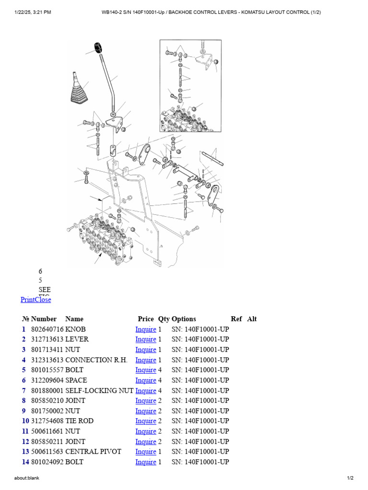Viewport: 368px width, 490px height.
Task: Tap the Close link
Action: tap(43, 300)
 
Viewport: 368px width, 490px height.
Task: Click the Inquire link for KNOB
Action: tap(146, 329)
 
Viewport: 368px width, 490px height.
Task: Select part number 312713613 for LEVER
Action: tap(47, 339)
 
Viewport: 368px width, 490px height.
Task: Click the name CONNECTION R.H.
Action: tap(96, 360)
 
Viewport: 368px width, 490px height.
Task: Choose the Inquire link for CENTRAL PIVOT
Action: tap(146, 452)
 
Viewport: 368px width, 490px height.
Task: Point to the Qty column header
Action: tap(164, 319)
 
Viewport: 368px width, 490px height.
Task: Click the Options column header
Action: tap(184, 319)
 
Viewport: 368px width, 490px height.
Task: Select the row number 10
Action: tap(25, 421)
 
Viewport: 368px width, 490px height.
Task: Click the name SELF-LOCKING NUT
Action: tap(99, 390)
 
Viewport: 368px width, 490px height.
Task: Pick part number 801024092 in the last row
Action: tap(47, 462)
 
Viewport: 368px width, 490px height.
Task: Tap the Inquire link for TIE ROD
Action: tap(146, 421)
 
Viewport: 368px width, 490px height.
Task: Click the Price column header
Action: tap(146, 319)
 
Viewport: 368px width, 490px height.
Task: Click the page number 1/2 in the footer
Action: tap(350, 478)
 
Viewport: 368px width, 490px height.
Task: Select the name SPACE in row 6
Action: tap(76, 380)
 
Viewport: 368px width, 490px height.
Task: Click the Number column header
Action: tap(44, 319)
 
